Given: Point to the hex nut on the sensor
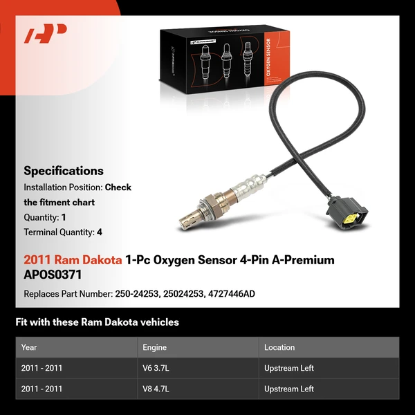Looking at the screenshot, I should pyautogui.click(x=205, y=206).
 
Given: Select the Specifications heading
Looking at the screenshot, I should pyautogui.click(x=64, y=171).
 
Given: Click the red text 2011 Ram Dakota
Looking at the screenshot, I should pyautogui.click(x=73, y=260).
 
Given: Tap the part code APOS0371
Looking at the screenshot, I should pyautogui.click(x=53, y=274).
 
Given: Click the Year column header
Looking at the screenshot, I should pyautogui.click(x=29, y=347).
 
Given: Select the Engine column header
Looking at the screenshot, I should pyautogui.click(x=154, y=347).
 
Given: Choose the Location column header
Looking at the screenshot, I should pyautogui.click(x=279, y=347).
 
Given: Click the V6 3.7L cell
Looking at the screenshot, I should pyautogui.click(x=155, y=368).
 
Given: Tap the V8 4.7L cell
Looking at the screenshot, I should pyautogui.click(x=155, y=389).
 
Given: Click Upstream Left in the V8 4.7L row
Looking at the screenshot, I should pyautogui.click(x=289, y=389).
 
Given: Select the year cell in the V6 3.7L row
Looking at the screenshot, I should pyautogui.click(x=41, y=368).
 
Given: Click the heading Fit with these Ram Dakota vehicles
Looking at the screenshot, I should pyautogui.click(x=97, y=322).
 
